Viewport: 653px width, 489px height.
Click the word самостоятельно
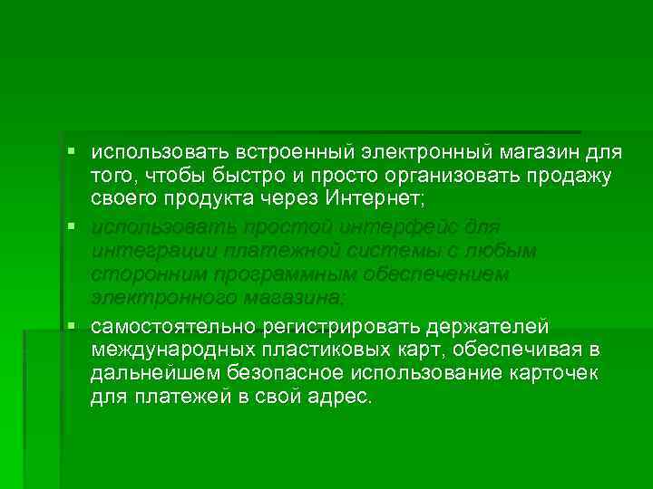[x=174, y=326]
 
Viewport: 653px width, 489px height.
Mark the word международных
[x=176, y=350]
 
